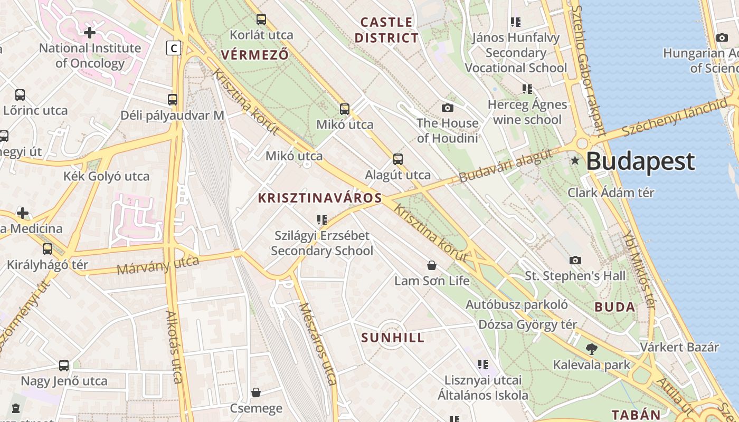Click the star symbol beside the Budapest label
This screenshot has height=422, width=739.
575,160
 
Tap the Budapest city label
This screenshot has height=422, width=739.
640,161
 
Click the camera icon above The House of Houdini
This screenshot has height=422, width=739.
448,108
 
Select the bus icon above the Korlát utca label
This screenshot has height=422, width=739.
261,20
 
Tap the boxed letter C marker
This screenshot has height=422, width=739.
173,48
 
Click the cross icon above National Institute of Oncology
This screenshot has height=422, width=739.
90,33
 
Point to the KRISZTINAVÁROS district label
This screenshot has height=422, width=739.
319,198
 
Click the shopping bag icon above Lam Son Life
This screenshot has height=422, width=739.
432,265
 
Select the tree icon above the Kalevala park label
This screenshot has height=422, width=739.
592,349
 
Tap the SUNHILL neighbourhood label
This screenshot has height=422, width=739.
393,338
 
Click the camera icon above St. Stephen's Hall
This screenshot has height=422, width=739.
575,260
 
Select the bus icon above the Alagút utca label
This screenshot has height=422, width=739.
398,159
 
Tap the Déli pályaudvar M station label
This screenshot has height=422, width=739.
173,116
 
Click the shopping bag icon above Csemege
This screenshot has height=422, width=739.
256,392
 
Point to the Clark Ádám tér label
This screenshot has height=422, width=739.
611,193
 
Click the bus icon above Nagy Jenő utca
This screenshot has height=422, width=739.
64,365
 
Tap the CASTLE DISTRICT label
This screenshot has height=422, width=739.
386,30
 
